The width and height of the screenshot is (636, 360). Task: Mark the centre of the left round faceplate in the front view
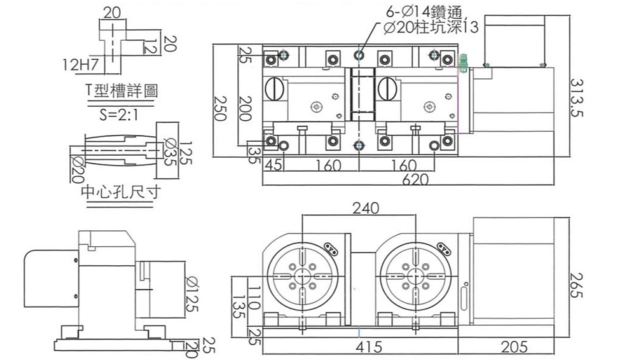[302, 277]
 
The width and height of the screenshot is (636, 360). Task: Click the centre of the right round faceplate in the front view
[415, 277]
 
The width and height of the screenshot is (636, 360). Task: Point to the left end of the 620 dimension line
[263, 185]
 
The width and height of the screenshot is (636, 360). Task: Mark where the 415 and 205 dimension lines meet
[459, 354]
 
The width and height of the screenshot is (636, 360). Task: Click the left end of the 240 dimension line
[302, 216]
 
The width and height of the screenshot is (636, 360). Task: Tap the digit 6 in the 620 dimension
[406, 179]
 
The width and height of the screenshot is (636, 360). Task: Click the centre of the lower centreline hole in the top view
[359, 145]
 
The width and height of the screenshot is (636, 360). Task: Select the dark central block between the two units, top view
[363, 95]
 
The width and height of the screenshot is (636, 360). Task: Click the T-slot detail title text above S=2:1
[121, 91]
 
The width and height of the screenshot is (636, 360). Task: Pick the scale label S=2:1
[119, 115]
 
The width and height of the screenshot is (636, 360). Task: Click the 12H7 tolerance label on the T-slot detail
[81, 64]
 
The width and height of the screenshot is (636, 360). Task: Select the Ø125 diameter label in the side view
[191, 294]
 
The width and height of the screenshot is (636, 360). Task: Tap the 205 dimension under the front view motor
[514, 347]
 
